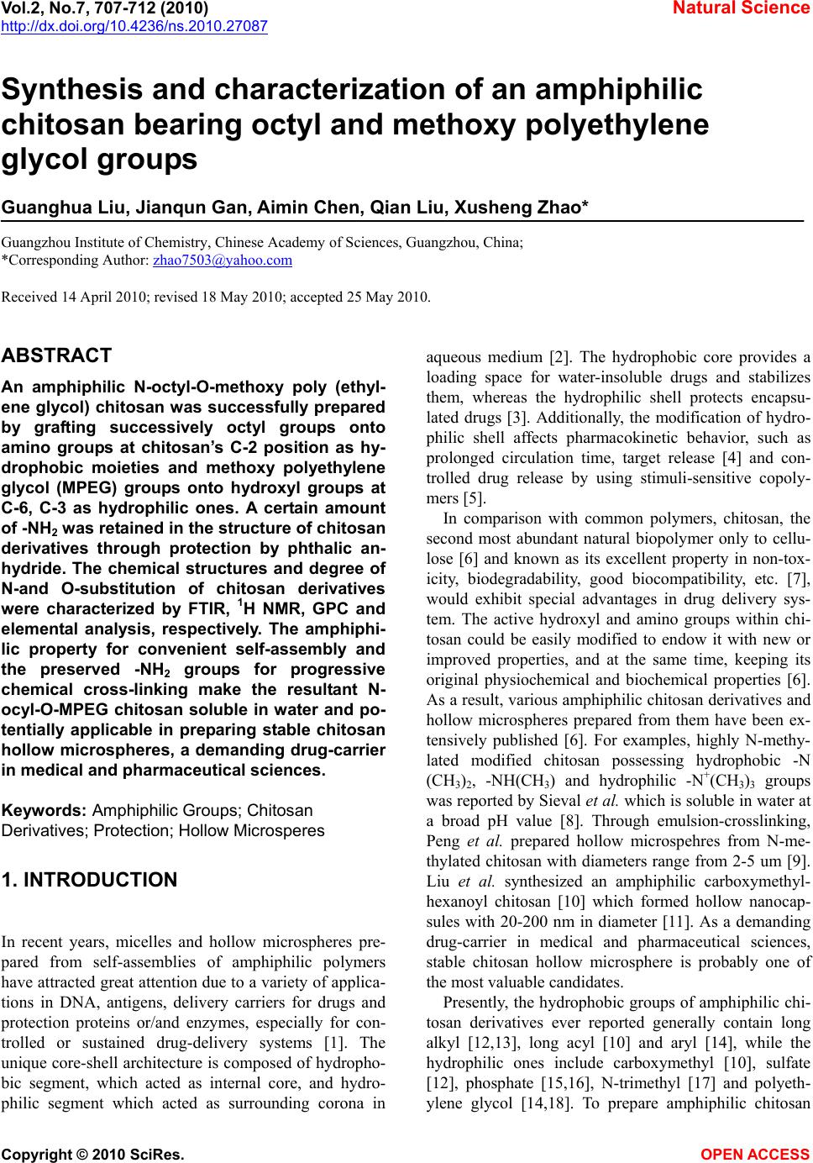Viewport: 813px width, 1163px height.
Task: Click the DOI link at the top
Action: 134,26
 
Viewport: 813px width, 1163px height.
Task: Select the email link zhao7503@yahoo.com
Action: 223,260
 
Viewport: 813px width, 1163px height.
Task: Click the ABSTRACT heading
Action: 57,355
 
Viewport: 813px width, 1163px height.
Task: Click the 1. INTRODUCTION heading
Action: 90,880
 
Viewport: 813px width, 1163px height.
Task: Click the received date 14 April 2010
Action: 97,297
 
